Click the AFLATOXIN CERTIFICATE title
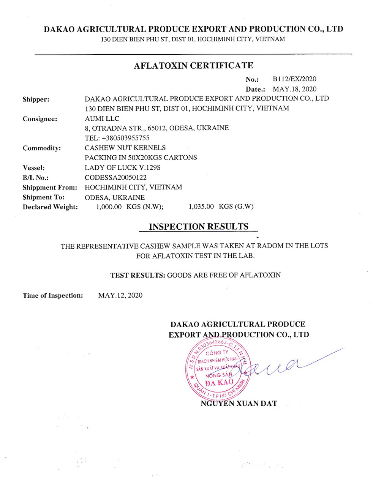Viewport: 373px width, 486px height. pyautogui.click(x=193, y=66)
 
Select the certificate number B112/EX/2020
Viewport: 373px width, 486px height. pyautogui.click(x=294, y=79)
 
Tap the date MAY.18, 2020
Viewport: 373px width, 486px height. pyautogui.click(x=294, y=89)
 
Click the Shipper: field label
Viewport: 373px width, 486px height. pyautogui.click(x=36, y=99)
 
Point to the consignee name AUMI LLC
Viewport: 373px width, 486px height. pyautogui.click(x=102, y=118)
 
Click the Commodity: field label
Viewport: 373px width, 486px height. pyautogui.click(x=41, y=148)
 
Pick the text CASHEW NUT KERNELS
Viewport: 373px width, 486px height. pyautogui.click(x=125, y=148)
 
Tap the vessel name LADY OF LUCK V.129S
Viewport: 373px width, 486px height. pyautogui.click(x=123, y=167)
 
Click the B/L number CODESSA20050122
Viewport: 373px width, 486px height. pyautogui.click(x=115, y=177)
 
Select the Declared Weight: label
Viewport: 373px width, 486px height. pyautogui.click(x=50, y=207)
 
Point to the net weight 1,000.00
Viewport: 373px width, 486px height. pyautogui.click(x=109, y=207)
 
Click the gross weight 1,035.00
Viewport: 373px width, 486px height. pyautogui.click(x=201, y=207)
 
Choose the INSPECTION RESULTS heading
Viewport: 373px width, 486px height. pyautogui.click(x=199, y=227)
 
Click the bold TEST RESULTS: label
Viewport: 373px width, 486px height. pyautogui.click(x=138, y=275)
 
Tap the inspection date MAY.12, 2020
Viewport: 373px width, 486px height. pyautogui.click(x=120, y=295)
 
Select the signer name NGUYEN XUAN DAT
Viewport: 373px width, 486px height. pyautogui.click(x=239, y=404)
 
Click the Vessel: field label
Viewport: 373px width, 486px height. pyautogui.click(x=33, y=168)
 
